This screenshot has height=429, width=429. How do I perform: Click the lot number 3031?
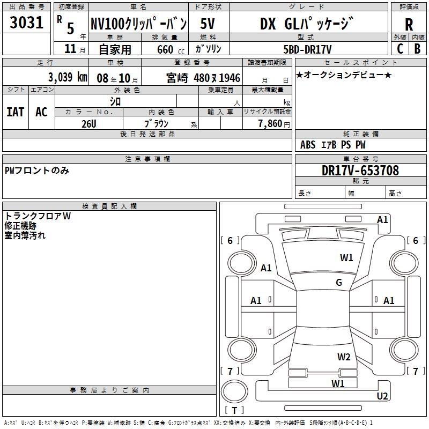click(26, 23)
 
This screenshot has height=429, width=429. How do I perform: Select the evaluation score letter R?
click(409, 24)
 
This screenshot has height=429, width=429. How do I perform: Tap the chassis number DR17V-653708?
click(360, 171)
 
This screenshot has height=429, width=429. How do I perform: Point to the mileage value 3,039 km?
click(68, 77)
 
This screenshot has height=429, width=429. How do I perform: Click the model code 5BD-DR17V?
click(308, 48)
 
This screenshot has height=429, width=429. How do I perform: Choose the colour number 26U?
click(89, 123)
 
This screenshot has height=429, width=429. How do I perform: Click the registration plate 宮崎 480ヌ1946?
click(203, 77)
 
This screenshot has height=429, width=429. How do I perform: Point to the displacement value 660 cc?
click(164, 49)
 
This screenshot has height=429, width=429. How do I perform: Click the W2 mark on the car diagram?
click(344, 357)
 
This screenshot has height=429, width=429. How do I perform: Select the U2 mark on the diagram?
click(382, 396)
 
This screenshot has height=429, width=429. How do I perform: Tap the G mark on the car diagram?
click(339, 283)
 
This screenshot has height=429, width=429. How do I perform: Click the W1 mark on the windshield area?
click(346, 258)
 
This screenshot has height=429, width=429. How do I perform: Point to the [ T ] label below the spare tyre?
click(234, 410)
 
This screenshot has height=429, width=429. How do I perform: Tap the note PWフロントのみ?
click(37, 171)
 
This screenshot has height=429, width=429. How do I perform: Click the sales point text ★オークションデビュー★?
click(343, 75)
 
